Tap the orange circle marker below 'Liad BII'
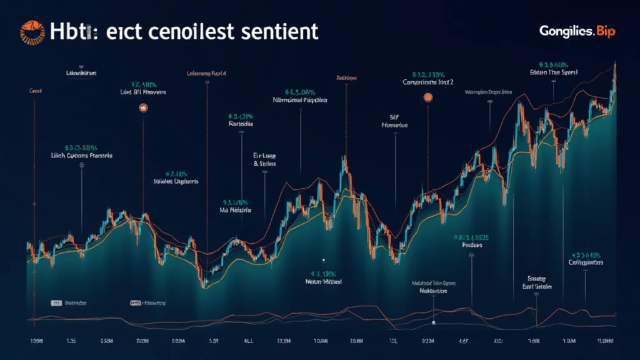click(x=143, y=108)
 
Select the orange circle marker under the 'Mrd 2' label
click(x=428, y=97)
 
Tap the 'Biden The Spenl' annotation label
click(x=553, y=72)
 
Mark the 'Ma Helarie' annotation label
click(x=236, y=211)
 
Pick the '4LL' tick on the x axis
click(x=247, y=342)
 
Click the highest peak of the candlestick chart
click(x=616, y=64)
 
